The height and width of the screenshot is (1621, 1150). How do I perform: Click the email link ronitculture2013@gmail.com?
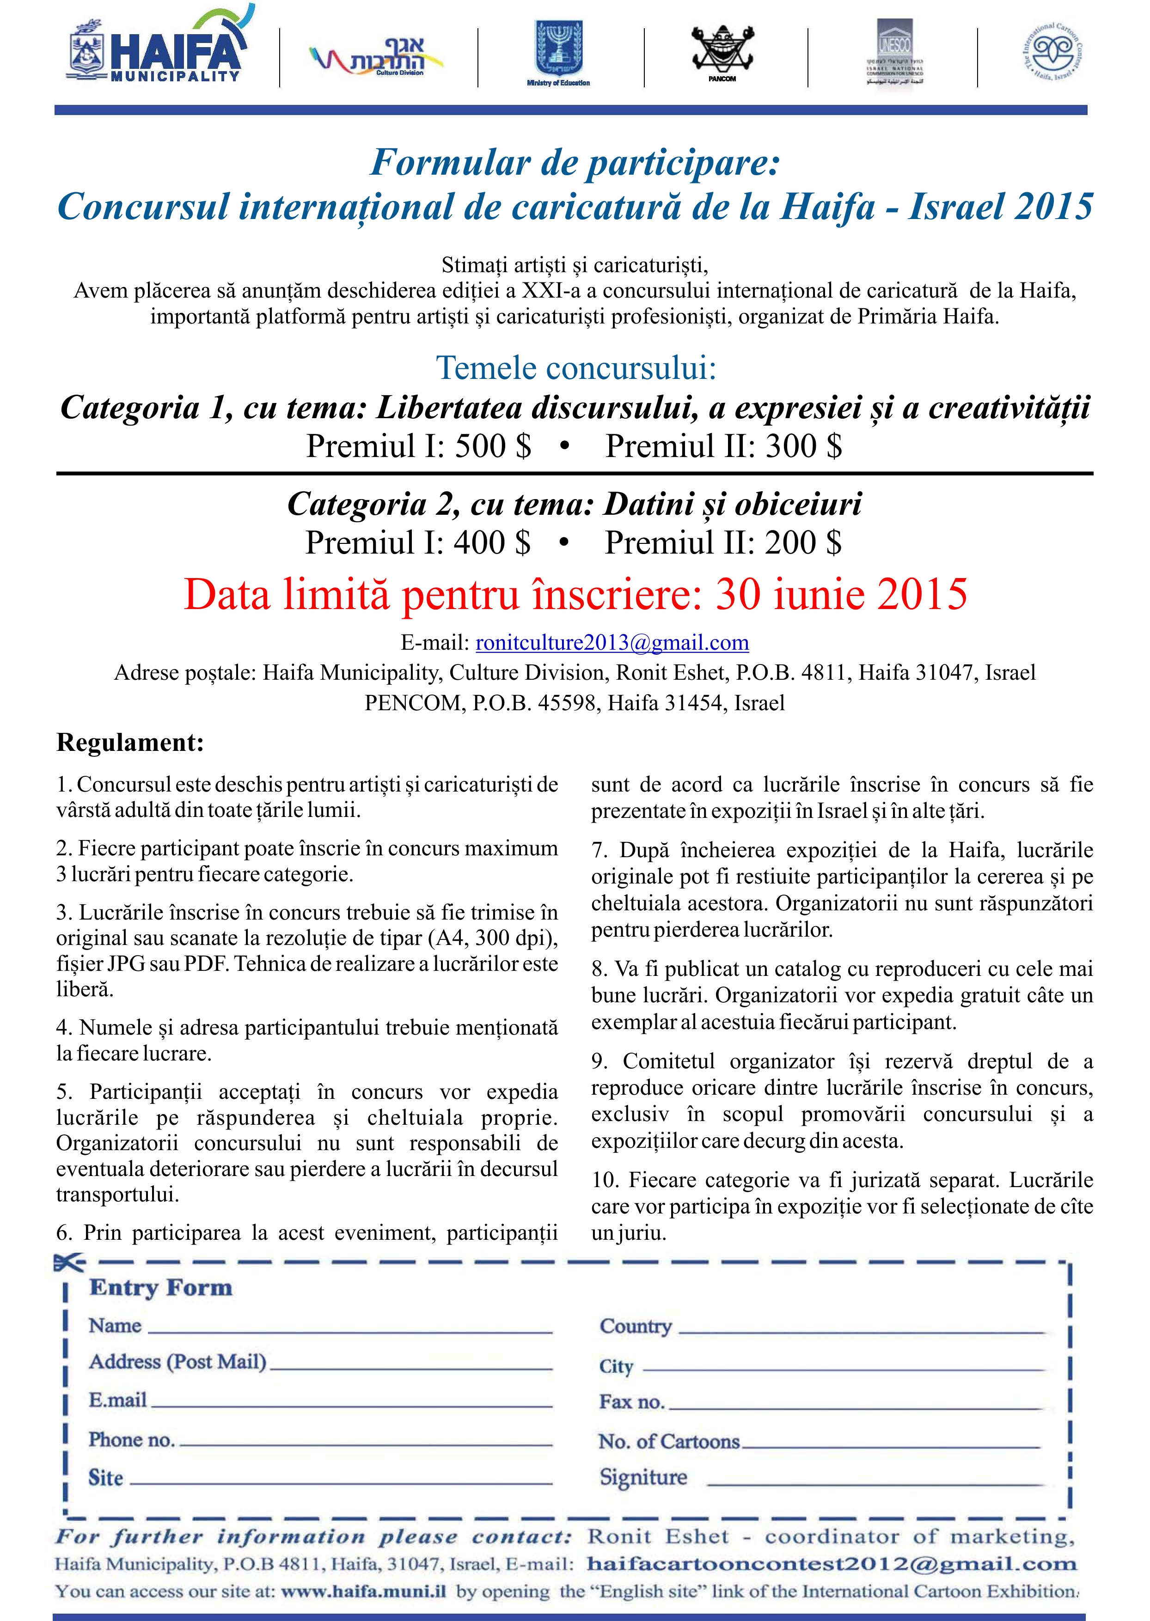pos(612,643)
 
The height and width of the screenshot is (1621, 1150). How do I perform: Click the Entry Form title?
pos(161,1287)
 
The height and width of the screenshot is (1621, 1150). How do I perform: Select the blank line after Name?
pos(350,1331)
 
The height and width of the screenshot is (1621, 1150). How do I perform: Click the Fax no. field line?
pos(856,1407)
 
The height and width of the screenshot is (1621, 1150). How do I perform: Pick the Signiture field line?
pos(875,1483)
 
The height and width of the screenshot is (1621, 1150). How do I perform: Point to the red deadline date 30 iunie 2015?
pos(841,595)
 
